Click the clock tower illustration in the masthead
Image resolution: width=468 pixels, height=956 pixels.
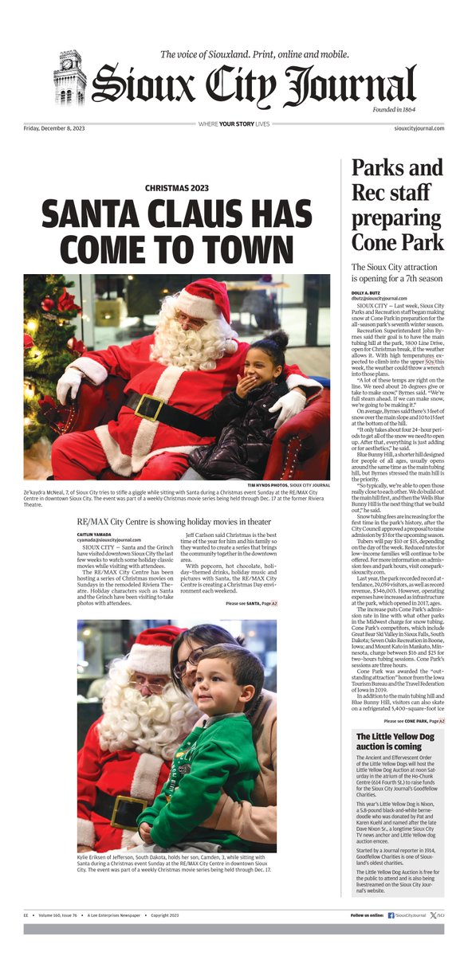[x=69, y=79]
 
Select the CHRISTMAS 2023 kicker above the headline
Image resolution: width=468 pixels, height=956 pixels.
[x=177, y=188]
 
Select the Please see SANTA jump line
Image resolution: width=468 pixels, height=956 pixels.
[x=253, y=605]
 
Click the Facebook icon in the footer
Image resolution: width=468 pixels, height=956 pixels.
[x=391, y=916]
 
